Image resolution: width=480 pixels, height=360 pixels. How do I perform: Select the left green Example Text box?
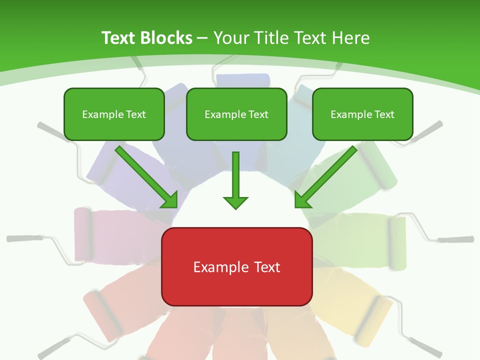coord(114,114)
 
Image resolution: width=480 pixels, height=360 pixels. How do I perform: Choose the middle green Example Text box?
coord(236,114)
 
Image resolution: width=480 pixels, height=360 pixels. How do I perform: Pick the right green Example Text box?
coord(362,114)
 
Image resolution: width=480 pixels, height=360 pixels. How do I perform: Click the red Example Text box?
coord(236,266)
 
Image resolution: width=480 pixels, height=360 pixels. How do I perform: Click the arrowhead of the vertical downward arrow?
coord(235,202)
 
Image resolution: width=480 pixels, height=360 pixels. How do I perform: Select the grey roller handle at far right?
coord(457,239)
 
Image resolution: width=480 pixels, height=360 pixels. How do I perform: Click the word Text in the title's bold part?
coord(118,38)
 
